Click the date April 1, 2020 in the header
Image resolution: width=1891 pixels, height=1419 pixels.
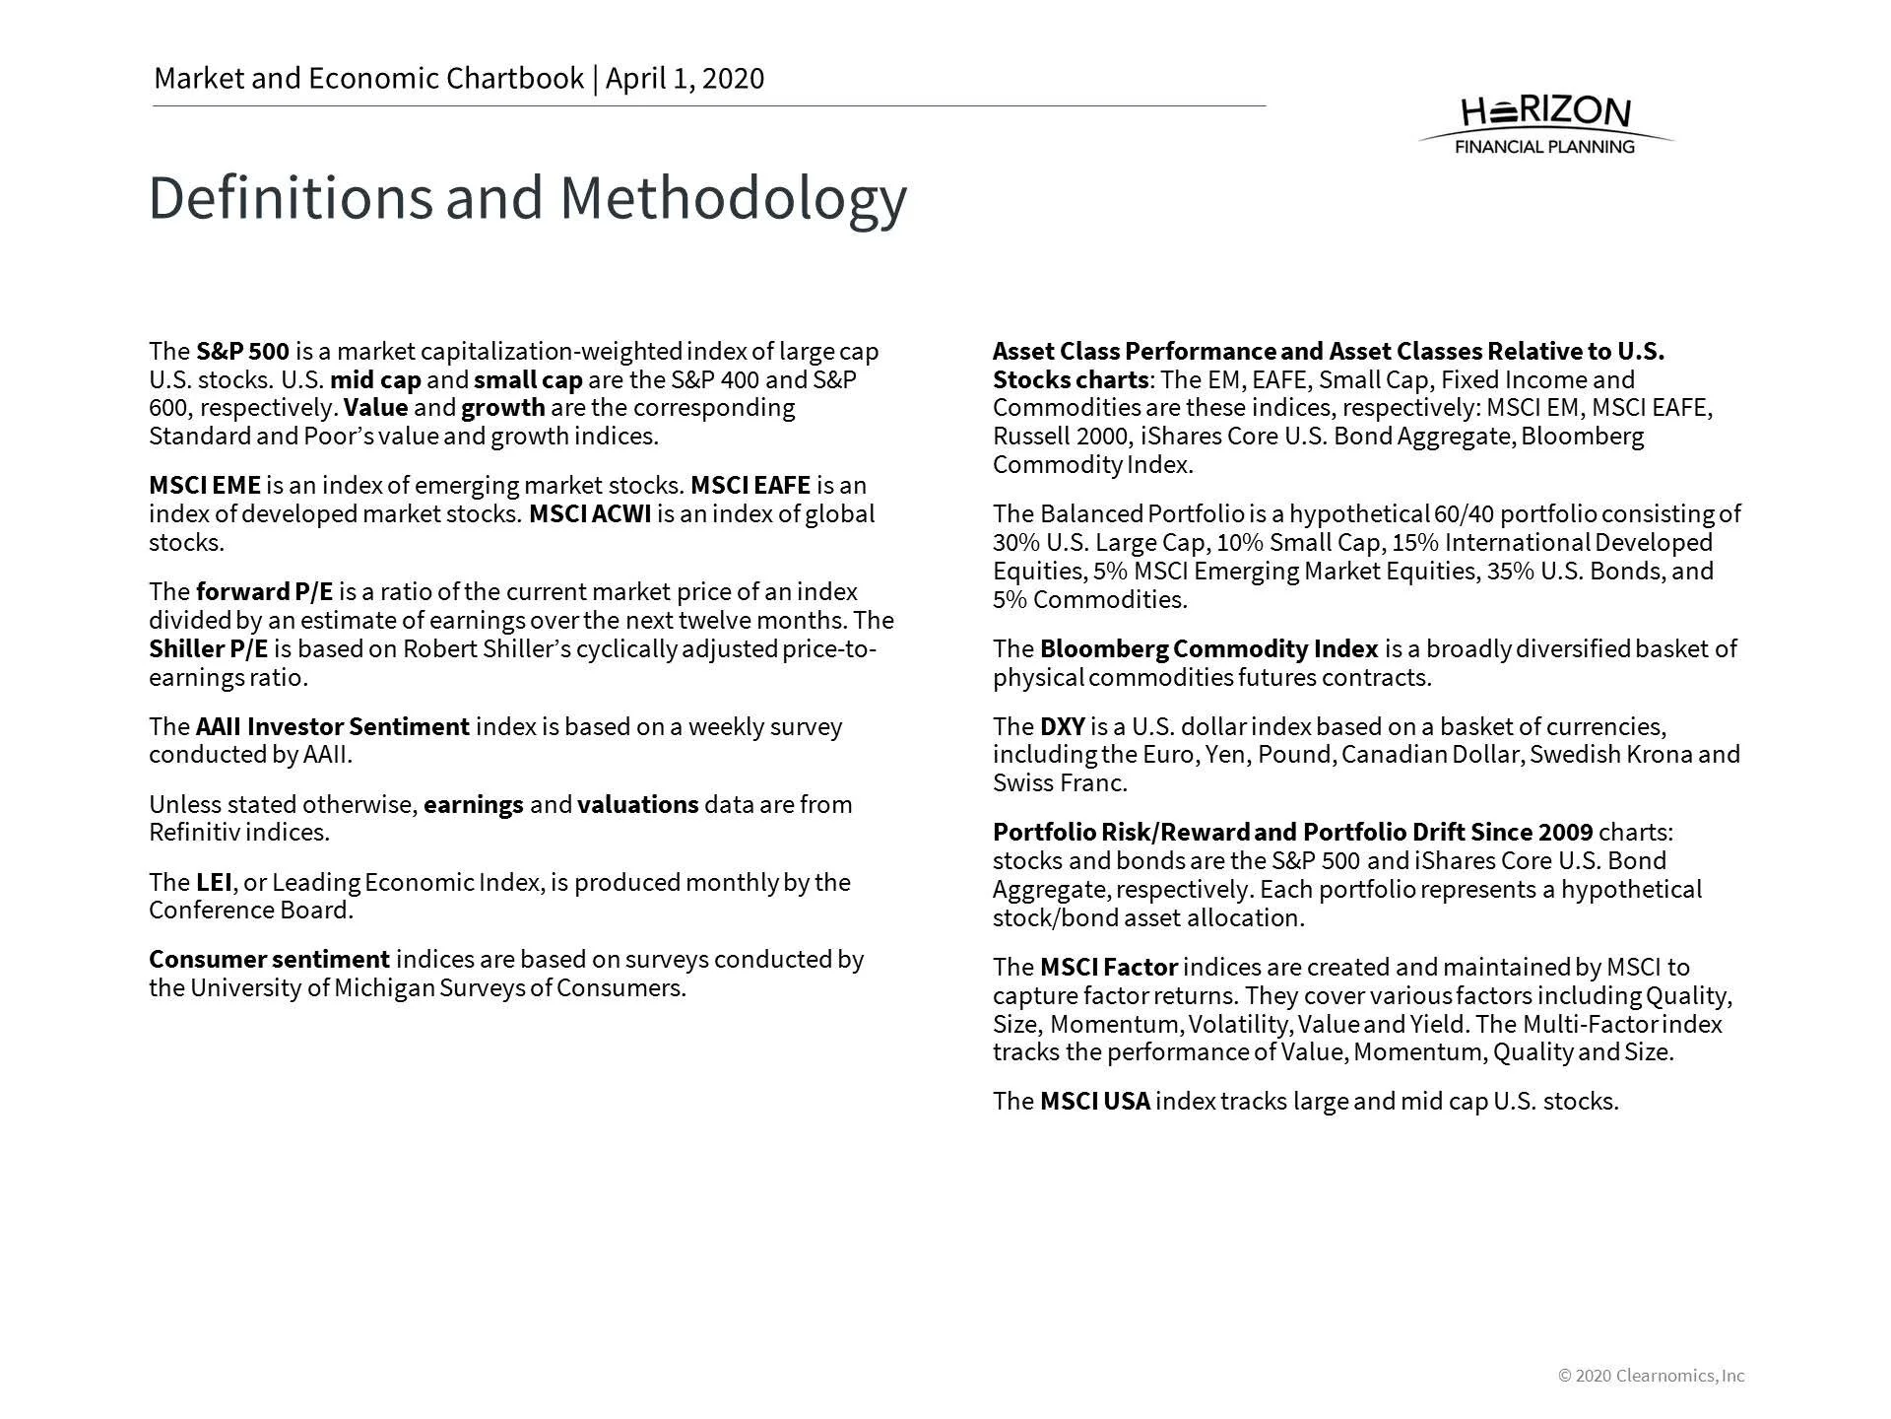[685, 79]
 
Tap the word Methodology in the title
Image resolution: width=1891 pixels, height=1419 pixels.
[733, 198]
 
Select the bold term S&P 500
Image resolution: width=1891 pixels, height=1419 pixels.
[242, 352]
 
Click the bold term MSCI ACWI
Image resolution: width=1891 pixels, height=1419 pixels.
[590, 514]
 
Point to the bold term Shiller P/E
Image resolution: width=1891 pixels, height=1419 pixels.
[208, 649]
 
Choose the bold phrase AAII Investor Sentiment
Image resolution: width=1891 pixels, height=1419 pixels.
[332, 727]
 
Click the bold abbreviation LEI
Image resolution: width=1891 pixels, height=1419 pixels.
[213, 882]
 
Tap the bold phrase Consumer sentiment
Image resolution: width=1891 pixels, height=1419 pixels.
[269, 960]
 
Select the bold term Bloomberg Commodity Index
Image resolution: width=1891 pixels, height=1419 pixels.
[1208, 649]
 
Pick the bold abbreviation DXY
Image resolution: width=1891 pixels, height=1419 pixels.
[1062, 727]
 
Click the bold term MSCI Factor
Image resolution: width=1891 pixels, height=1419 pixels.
[1108, 968]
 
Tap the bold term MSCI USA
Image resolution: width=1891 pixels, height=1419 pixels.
[1094, 1102]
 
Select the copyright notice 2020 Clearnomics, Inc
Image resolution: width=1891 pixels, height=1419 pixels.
[1652, 1376]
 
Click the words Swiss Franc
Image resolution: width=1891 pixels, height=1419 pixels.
[1059, 784]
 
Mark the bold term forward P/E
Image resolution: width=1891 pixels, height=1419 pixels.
[264, 592]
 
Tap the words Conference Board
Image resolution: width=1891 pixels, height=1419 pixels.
[250, 911]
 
